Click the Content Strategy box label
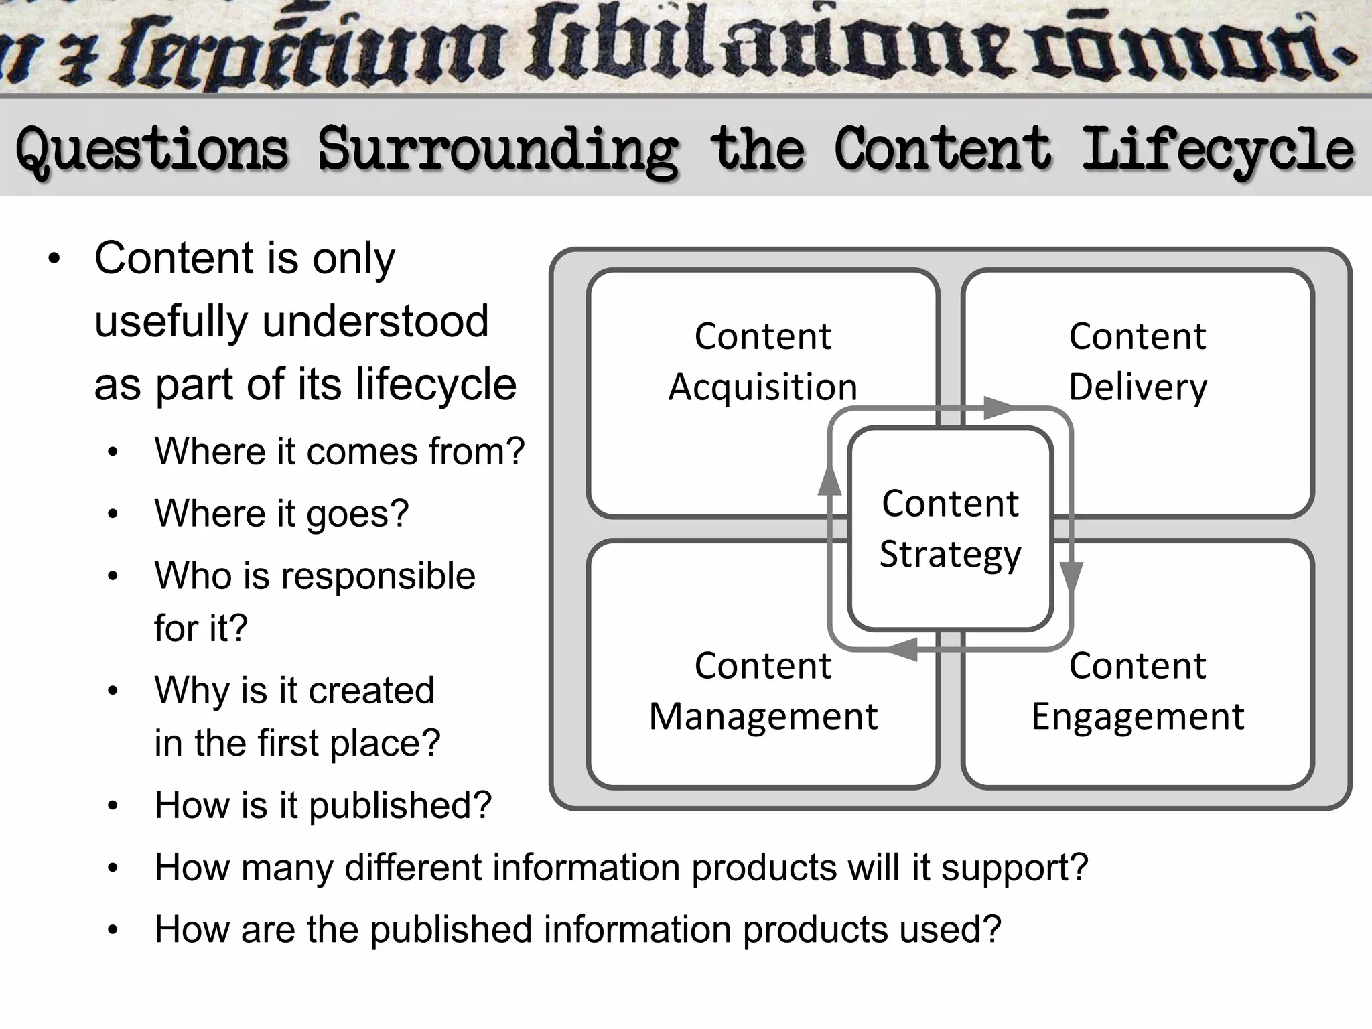[950, 529]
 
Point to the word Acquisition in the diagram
[763, 387]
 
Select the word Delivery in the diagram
[1138, 387]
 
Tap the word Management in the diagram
[763, 716]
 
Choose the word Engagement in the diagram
[1138, 716]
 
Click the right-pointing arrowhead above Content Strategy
[998, 407]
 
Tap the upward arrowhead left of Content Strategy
[829, 480]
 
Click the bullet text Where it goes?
[281, 514]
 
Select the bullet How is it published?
[323, 805]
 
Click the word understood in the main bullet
[375, 322]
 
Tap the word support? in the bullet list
[1014, 868]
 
